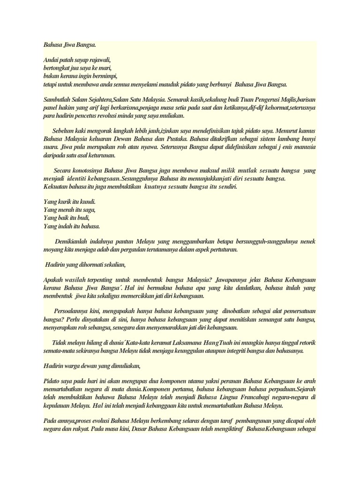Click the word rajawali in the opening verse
point(99,60)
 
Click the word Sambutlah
point(57,100)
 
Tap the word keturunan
point(107,155)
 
